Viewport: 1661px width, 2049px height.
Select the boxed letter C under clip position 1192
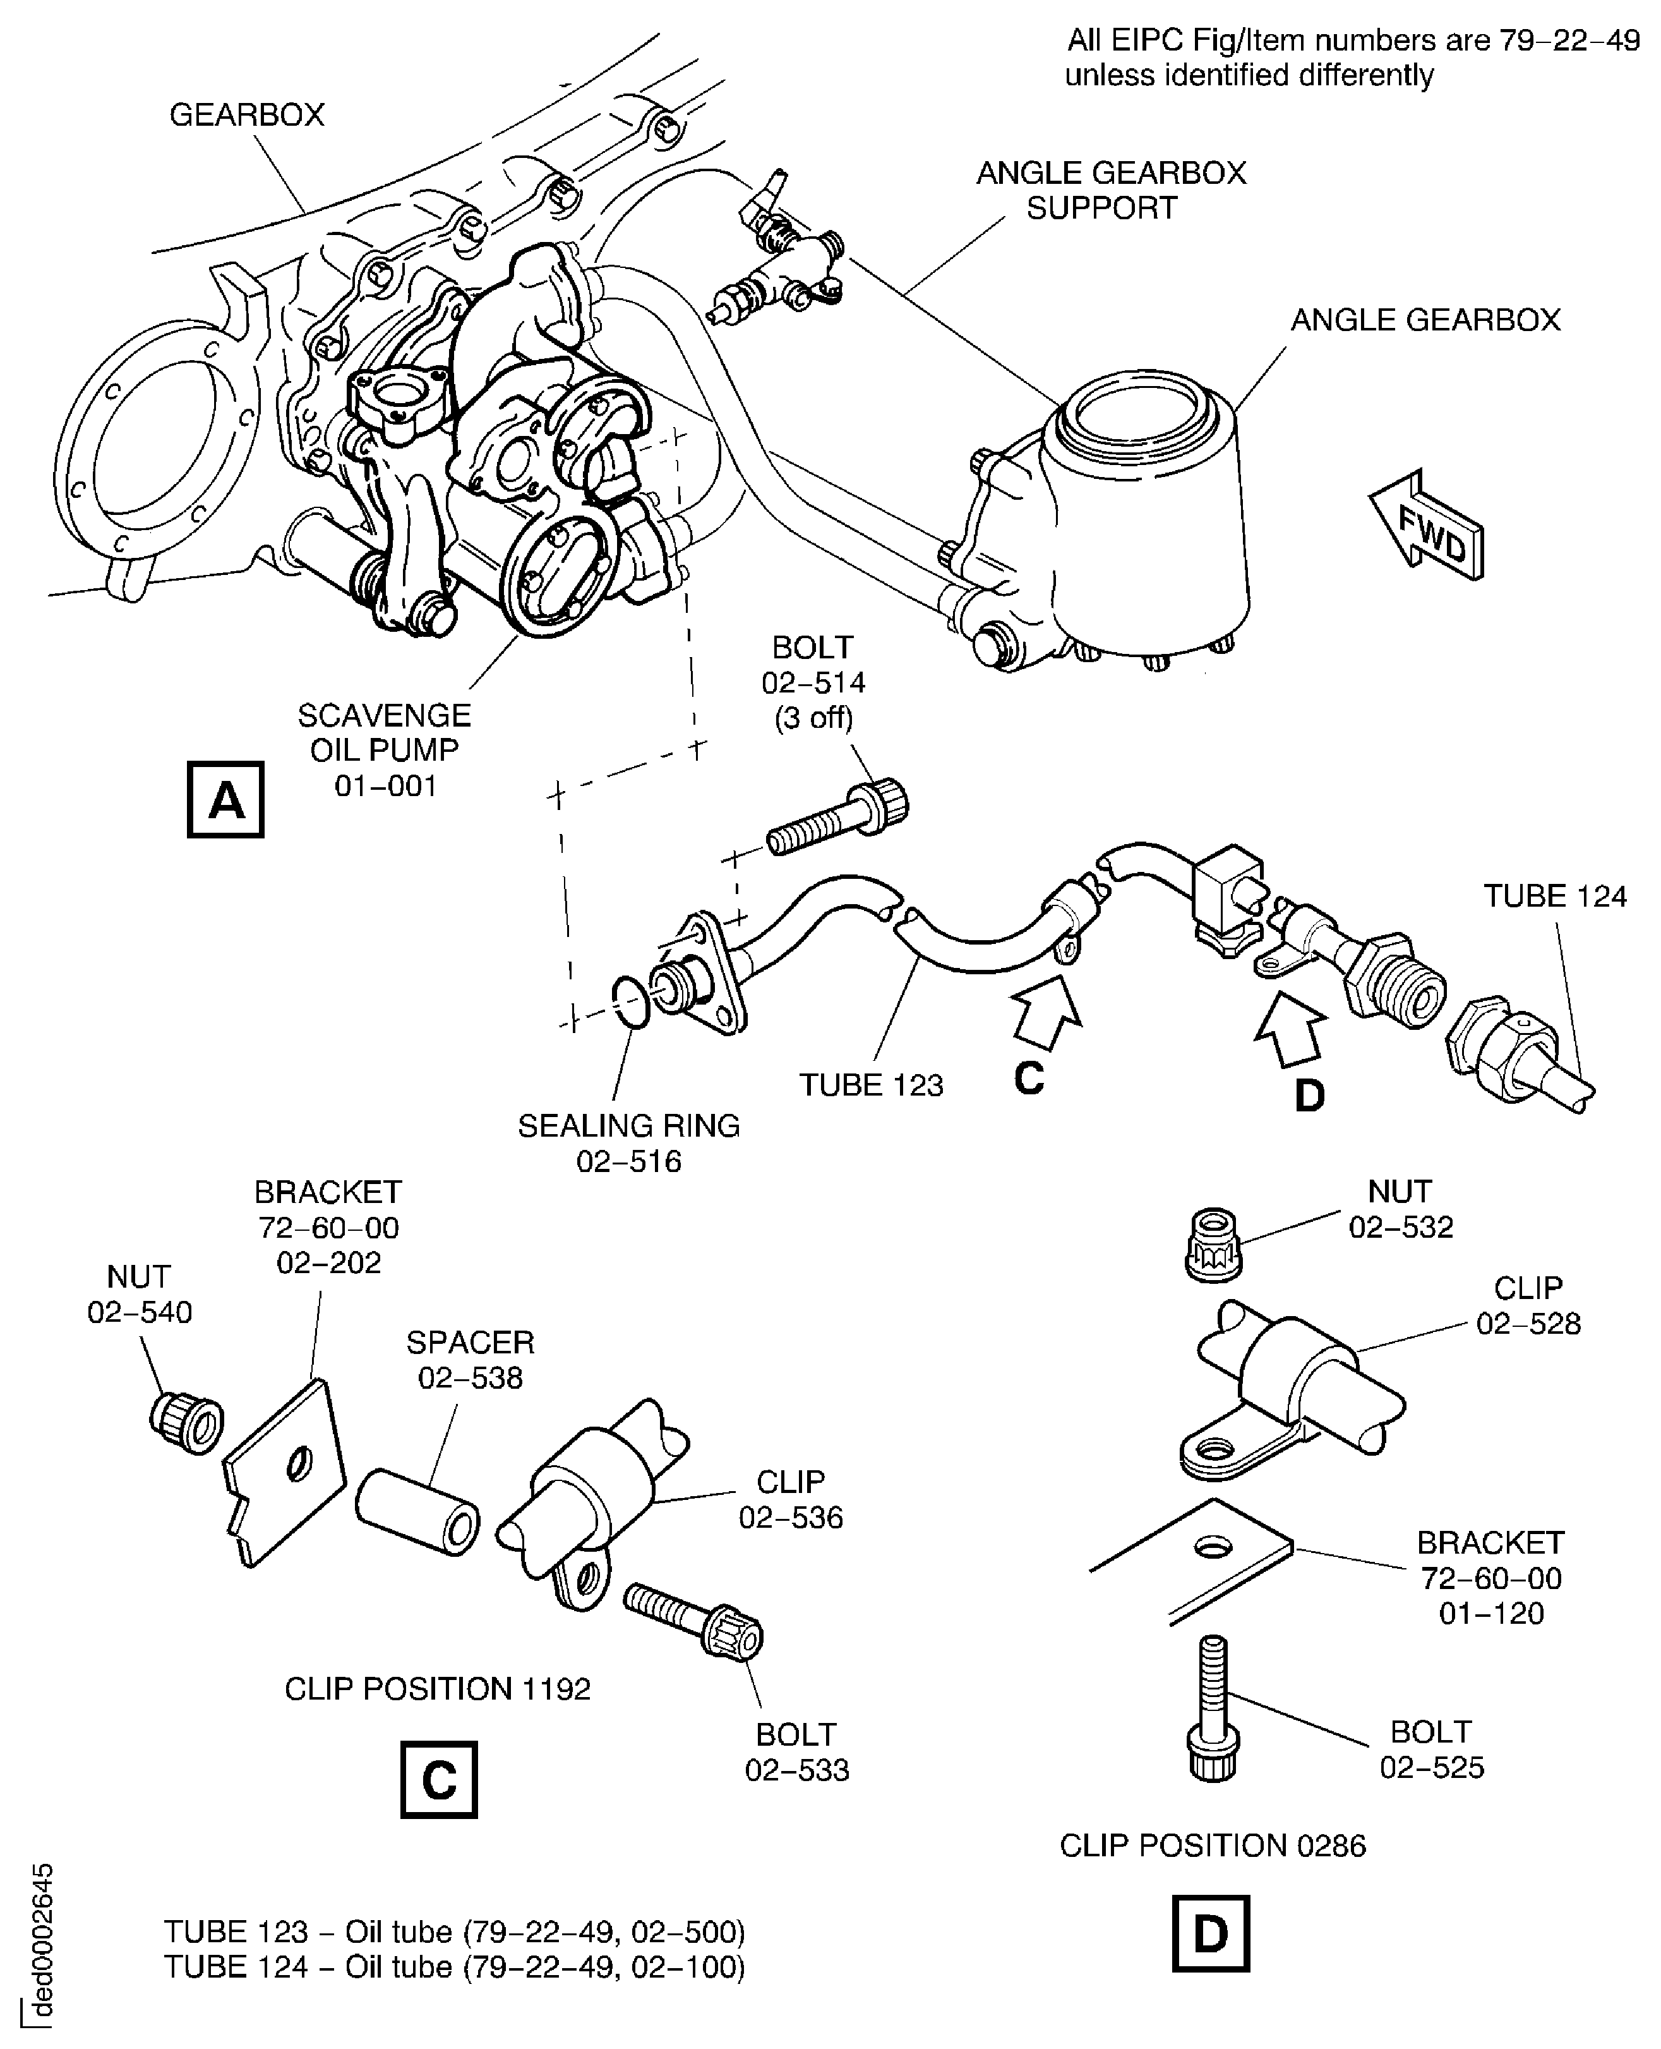438,1779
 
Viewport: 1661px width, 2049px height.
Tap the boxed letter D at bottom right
1210,1933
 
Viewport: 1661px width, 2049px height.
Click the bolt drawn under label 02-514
838,819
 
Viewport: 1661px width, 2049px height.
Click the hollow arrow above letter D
1292,1027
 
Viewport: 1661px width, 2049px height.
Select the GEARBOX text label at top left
247,115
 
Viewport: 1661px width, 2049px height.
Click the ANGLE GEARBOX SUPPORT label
1110,190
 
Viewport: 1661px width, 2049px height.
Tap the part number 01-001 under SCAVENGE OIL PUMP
386,787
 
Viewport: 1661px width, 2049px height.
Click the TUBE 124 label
1554,896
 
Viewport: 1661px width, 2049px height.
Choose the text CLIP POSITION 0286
1212,1844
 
